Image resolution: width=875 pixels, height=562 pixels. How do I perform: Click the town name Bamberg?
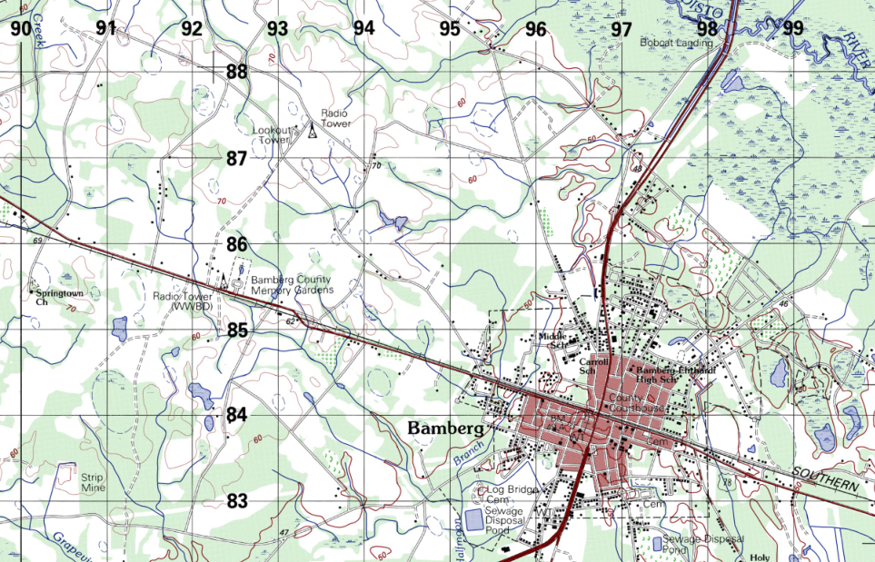(x=445, y=428)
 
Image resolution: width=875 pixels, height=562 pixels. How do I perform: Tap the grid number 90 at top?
(x=20, y=28)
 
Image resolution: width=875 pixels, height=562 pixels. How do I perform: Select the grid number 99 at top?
(x=793, y=28)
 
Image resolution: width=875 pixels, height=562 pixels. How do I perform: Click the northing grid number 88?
(x=237, y=72)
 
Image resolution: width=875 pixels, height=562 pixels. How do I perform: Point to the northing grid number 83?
(x=237, y=500)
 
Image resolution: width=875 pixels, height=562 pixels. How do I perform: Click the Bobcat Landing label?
(x=676, y=43)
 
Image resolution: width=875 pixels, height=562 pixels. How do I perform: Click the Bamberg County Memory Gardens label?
(x=292, y=285)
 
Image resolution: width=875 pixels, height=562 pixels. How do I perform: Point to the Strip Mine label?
(x=93, y=483)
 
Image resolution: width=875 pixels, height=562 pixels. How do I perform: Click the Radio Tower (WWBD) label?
(x=183, y=301)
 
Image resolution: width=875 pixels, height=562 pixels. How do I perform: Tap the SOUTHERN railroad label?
(x=824, y=480)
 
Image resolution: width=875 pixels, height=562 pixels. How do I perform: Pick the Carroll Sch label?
(x=592, y=365)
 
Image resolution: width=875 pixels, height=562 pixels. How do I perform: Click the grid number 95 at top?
(x=450, y=28)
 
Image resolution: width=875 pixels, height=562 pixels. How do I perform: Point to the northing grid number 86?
(x=237, y=244)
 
